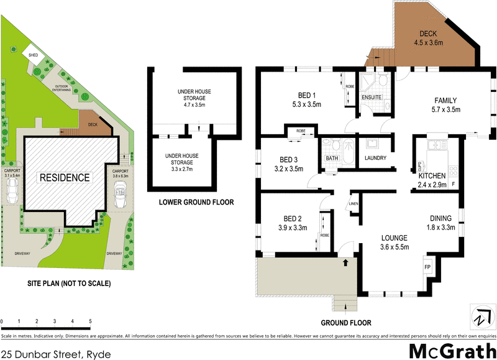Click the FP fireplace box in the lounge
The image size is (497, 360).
click(x=428, y=267)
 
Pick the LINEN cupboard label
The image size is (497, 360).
click(x=353, y=204)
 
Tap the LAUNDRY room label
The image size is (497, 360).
click(x=375, y=158)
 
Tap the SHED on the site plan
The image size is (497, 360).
click(x=32, y=55)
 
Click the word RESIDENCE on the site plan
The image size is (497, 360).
click(x=65, y=178)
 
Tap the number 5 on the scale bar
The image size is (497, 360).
click(x=91, y=321)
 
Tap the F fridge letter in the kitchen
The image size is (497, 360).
click(x=454, y=185)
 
